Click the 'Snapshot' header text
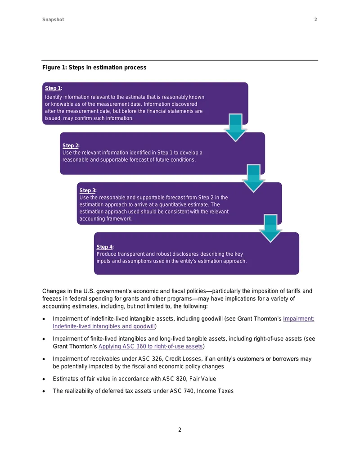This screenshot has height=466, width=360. (x=53, y=20)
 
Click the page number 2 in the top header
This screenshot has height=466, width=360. (x=316, y=20)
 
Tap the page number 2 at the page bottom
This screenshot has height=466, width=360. (x=180, y=430)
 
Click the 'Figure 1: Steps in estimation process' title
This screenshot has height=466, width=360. (x=94, y=68)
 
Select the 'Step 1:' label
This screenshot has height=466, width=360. (x=54, y=88)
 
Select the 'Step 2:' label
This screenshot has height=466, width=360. (x=71, y=145)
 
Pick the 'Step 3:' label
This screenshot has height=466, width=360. (x=88, y=190)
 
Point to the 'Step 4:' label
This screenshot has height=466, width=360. (x=105, y=247)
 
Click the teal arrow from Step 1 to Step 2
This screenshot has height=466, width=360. (x=235, y=128)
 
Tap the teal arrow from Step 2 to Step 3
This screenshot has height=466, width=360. (x=254, y=178)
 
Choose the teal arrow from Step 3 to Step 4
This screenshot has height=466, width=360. (x=270, y=228)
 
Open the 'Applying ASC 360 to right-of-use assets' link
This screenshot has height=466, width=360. (x=151, y=346)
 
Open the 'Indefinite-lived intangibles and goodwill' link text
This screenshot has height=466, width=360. (x=104, y=326)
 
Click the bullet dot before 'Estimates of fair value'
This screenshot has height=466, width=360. (x=44, y=379)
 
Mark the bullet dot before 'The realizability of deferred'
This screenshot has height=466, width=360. (x=44, y=391)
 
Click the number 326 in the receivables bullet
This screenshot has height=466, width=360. (x=157, y=359)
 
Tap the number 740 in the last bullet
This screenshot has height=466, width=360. (x=189, y=391)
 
